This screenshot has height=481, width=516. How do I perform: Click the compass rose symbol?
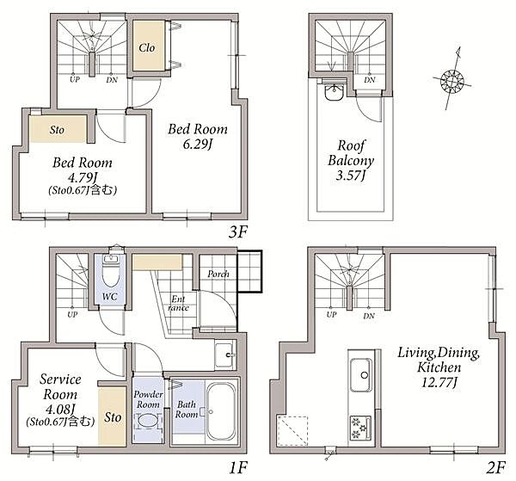(451, 80)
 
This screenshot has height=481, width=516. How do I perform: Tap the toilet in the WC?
(111, 274)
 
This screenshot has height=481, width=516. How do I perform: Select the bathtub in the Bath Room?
(221, 411)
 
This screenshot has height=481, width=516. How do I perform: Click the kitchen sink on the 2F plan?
(361, 375)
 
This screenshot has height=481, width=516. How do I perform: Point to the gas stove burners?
(360, 428)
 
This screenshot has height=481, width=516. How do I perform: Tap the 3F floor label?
(238, 232)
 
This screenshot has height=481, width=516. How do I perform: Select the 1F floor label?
(238, 467)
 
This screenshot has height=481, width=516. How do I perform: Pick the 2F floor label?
(495, 467)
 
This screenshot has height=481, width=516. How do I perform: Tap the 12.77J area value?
(439, 383)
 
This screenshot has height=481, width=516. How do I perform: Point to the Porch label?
(218, 274)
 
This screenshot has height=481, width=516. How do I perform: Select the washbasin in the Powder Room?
(147, 421)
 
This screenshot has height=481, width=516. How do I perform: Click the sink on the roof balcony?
(335, 91)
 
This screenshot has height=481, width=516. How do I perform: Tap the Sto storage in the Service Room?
(113, 416)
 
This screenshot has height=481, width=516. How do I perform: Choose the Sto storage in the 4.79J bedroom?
(58, 129)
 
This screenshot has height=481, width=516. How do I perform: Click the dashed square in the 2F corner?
(293, 430)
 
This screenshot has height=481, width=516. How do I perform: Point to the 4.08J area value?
(60, 410)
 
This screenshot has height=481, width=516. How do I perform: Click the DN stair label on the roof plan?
(370, 80)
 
